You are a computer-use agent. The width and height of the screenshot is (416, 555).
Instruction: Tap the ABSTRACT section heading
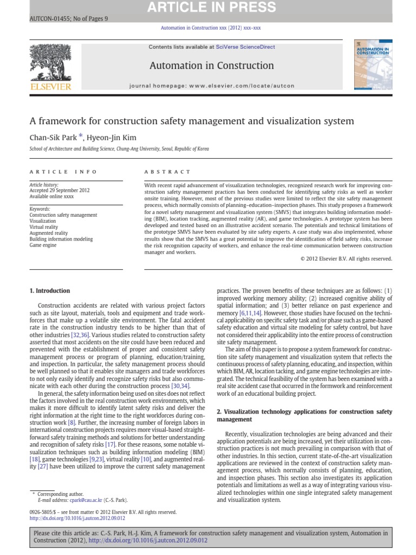[167, 172]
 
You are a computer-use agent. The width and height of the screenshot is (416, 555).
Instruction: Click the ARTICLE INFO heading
[63, 172]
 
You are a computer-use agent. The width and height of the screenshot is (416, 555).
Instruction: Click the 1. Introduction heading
[49, 291]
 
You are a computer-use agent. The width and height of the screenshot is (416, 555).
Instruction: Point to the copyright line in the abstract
[346, 259]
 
